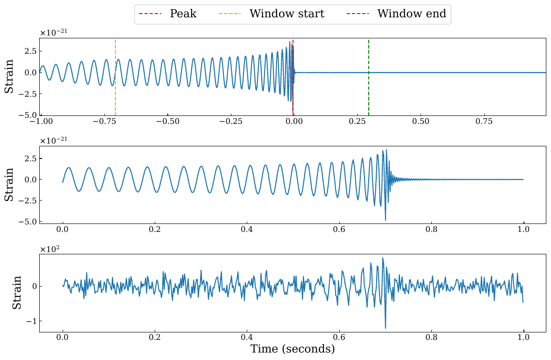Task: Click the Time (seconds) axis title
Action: click(x=293, y=349)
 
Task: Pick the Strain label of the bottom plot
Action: click(x=16, y=293)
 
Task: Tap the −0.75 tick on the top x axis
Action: click(x=104, y=121)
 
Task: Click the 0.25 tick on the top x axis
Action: click(x=358, y=121)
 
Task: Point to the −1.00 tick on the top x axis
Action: click(x=41, y=121)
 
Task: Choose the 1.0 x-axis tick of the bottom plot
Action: click(x=523, y=337)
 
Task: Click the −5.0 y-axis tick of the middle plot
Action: click(x=29, y=222)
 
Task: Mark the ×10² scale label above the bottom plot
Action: click(x=48, y=249)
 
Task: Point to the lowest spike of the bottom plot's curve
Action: click(x=386, y=328)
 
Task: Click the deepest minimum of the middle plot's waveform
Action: click(x=386, y=220)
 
